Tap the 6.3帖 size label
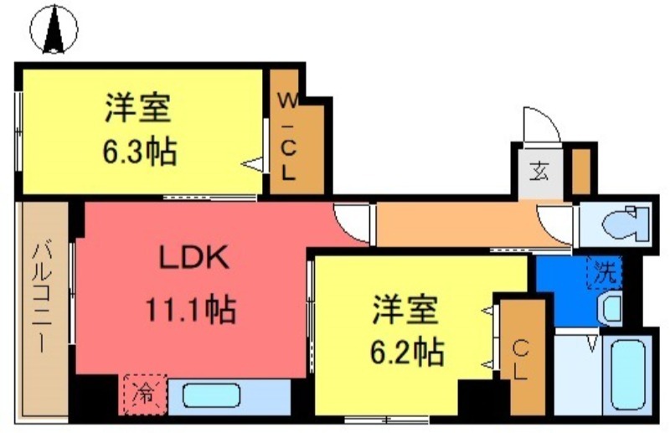tap(139, 152)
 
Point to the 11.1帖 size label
tap(192, 311)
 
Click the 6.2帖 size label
tap(406, 351)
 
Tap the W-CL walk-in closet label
tap(287, 137)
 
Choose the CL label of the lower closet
tap(521, 359)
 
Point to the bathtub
tap(627, 374)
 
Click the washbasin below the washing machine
tap(609, 307)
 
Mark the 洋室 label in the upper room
tap(138, 109)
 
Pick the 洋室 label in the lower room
tap(406, 309)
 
